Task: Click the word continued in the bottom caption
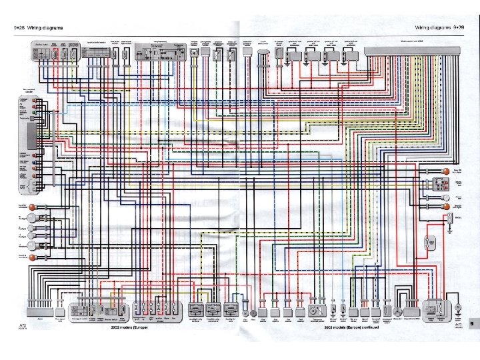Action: pyautogui.click(x=368, y=327)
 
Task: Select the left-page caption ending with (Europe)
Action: pyautogui.click(x=127, y=327)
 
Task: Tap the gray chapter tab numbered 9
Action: pyautogui.click(x=471, y=323)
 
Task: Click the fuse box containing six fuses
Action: pyautogui.click(x=156, y=309)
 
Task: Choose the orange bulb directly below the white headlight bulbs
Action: pyautogui.click(x=39, y=255)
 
